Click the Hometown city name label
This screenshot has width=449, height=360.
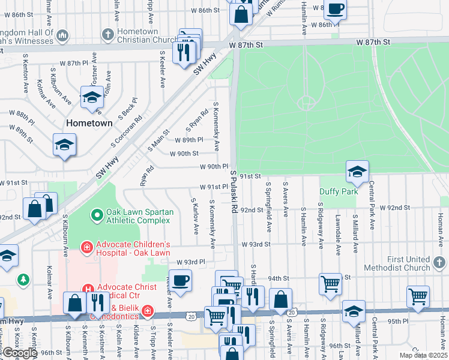pyautogui.click(x=89, y=123)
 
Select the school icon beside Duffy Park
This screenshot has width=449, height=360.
pyautogui.click(x=357, y=172)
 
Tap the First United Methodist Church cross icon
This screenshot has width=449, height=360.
pyautogui.click(x=439, y=262)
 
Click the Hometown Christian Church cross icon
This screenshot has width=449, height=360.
pyautogui.click(x=108, y=34)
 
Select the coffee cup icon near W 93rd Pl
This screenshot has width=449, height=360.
pyautogui.click(x=180, y=280)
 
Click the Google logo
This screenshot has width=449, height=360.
pyautogui.click(x=19, y=353)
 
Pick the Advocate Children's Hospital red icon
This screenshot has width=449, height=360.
pyautogui.click(x=86, y=246)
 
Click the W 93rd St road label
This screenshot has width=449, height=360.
pyautogui.click(x=257, y=244)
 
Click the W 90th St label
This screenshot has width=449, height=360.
pyautogui.click(x=184, y=154)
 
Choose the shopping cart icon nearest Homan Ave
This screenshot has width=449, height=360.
pyautogui.click(x=418, y=296)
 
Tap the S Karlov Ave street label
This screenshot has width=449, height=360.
pyautogui.click(x=194, y=216)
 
